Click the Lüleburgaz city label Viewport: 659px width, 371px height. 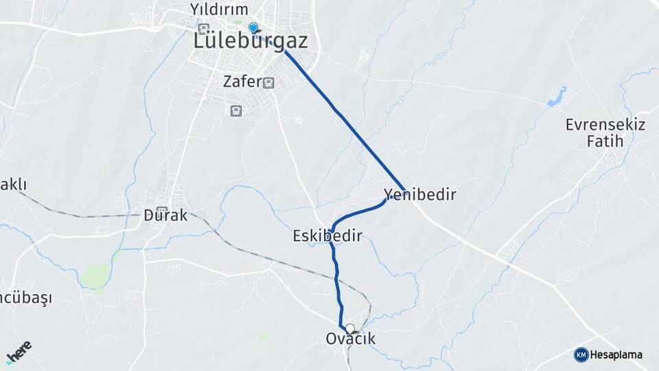click(x=250, y=41)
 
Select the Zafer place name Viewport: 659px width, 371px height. click(x=242, y=82)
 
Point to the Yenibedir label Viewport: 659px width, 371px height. click(x=420, y=194)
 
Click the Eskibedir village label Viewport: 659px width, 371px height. click(x=327, y=236)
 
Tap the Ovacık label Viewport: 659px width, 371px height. click(x=351, y=339)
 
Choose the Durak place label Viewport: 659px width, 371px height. click(x=165, y=215)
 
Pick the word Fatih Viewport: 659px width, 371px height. click(x=605, y=142)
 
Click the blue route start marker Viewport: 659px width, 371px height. click(x=253, y=27)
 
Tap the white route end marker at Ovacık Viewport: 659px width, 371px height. click(x=350, y=328)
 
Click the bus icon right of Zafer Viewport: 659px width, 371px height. click(x=268, y=83)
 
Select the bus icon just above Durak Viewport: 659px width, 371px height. click(x=162, y=201)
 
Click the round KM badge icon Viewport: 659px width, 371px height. click(x=581, y=355)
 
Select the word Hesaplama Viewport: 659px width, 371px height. click(x=616, y=355)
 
